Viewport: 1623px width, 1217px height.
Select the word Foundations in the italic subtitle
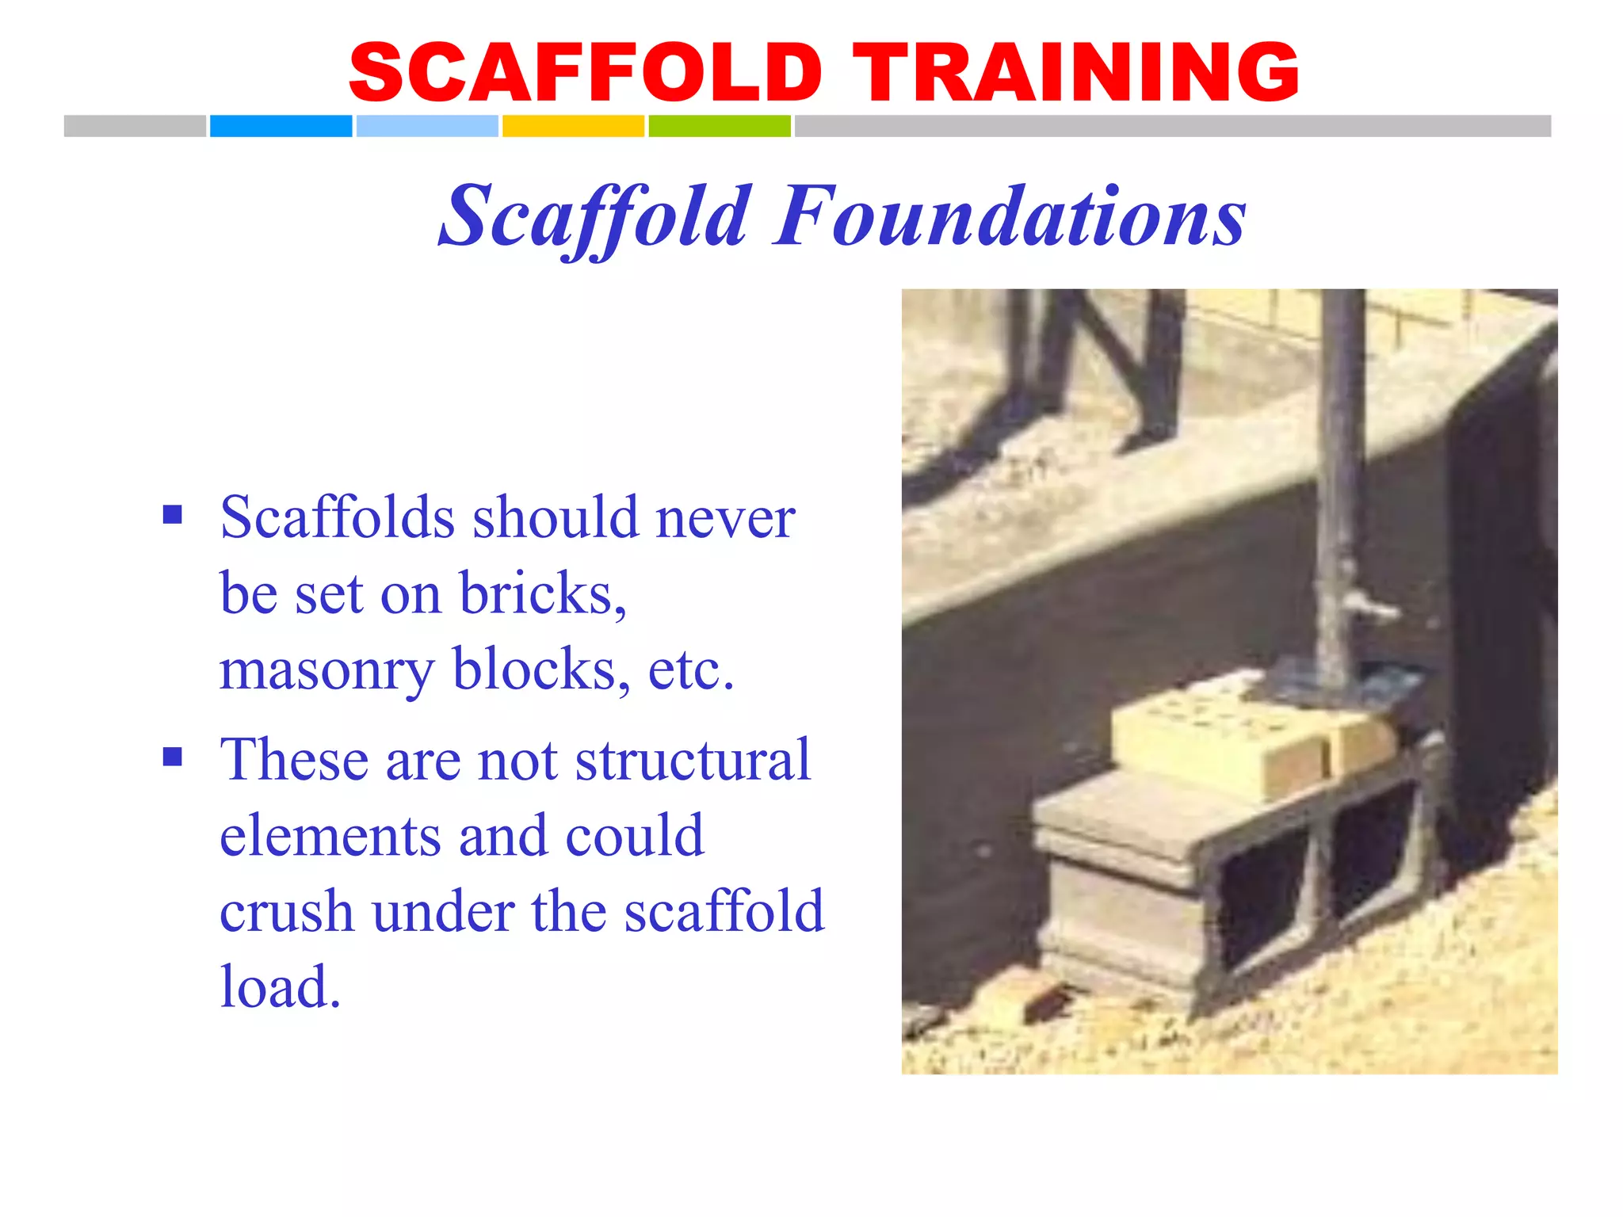(1010, 216)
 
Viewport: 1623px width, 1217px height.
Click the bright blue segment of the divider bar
(281, 126)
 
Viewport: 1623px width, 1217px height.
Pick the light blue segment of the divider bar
(427, 126)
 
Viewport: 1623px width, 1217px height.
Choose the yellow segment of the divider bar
(573, 126)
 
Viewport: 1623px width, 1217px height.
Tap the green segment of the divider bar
(720, 126)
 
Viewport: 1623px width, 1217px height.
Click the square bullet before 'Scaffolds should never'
(173, 516)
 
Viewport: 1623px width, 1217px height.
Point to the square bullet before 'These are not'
(173, 757)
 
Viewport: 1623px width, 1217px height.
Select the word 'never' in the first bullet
(725, 518)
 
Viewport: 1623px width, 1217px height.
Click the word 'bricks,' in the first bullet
(543, 593)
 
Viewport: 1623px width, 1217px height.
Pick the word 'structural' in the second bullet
(693, 760)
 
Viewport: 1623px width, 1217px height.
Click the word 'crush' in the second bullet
(286, 912)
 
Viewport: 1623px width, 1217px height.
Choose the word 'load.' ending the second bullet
(281, 987)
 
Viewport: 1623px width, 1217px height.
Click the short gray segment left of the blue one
(135, 126)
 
